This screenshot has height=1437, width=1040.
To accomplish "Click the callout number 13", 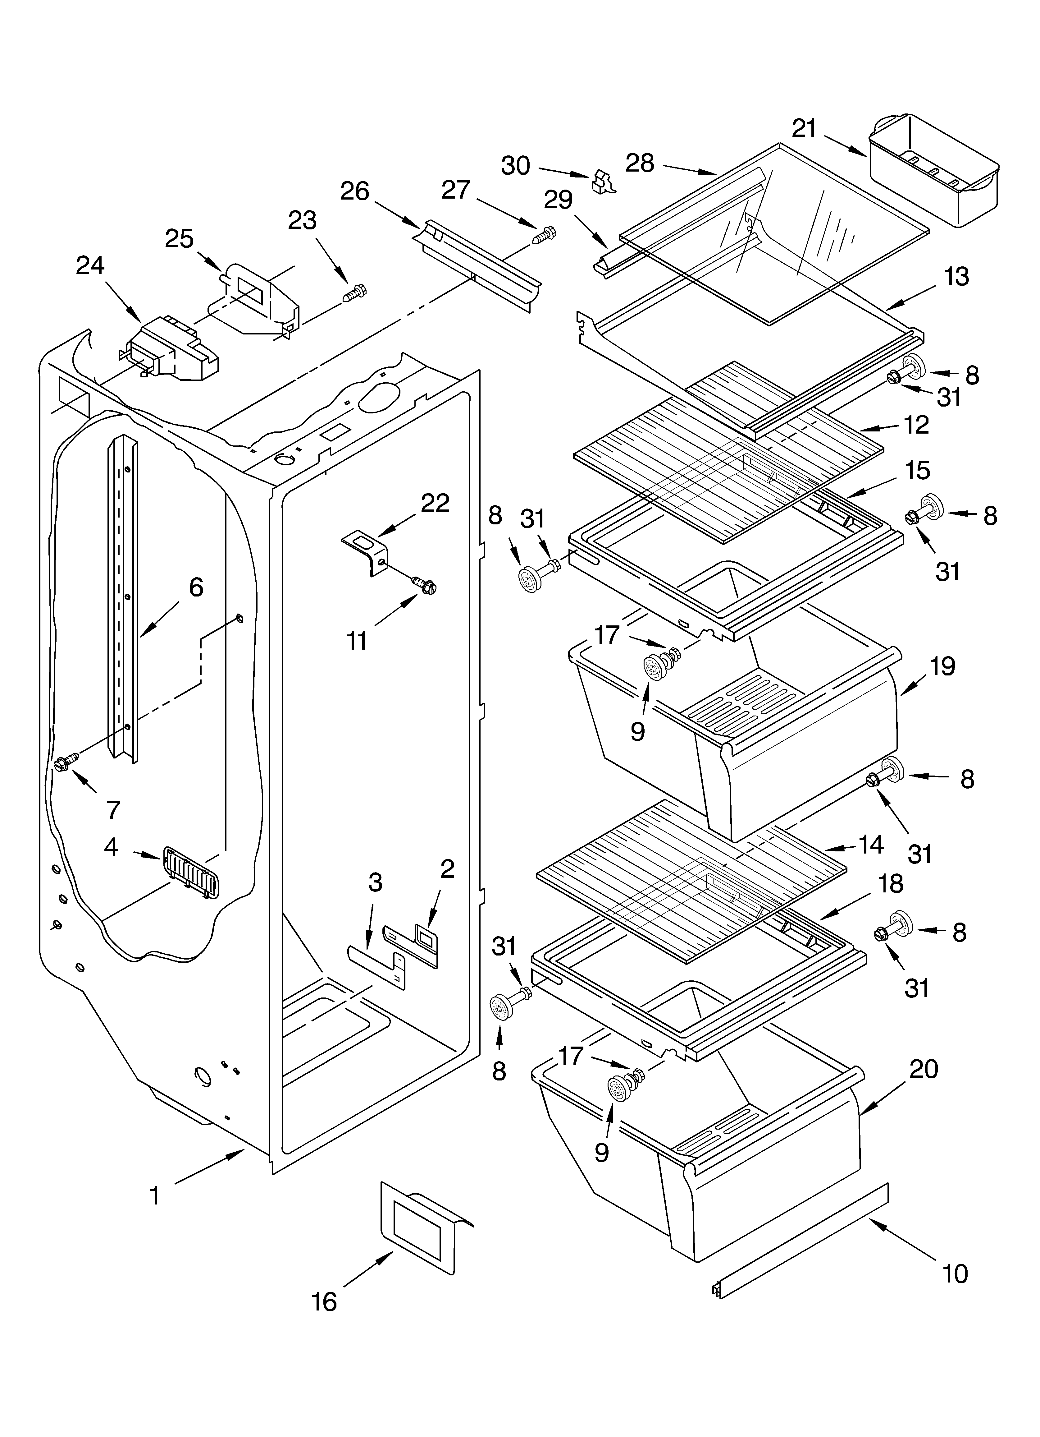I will point(956,277).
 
